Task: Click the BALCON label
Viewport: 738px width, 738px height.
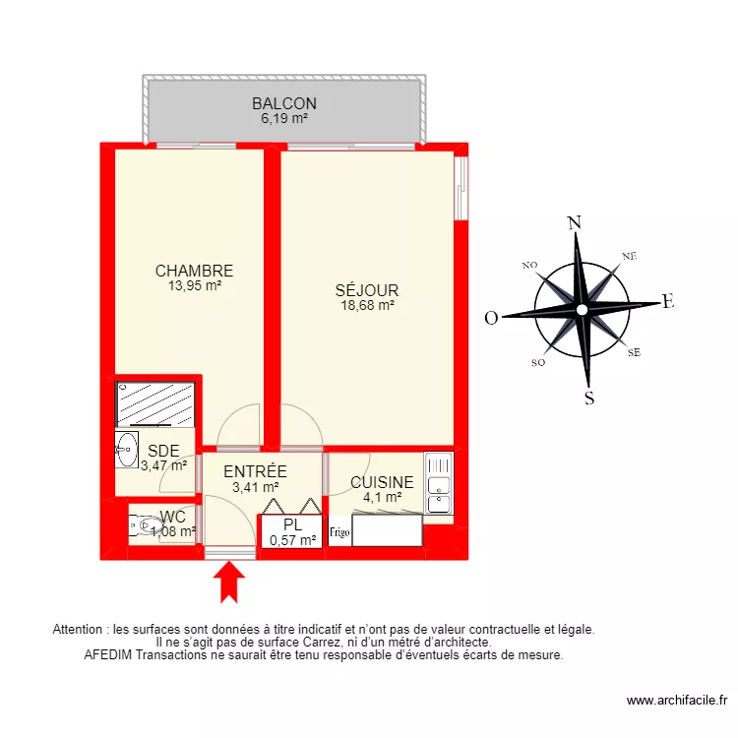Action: click(x=283, y=103)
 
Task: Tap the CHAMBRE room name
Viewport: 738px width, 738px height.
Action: click(x=194, y=271)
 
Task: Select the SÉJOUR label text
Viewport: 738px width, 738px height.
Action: click(x=366, y=290)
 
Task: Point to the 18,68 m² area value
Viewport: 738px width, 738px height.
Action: click(x=366, y=306)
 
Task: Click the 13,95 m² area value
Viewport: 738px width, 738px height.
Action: click(x=194, y=286)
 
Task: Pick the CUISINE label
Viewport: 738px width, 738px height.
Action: click(x=382, y=483)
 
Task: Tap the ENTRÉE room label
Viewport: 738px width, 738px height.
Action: click(x=255, y=471)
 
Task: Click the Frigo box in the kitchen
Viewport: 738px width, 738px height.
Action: click(x=339, y=533)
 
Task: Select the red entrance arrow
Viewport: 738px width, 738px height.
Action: click(x=230, y=580)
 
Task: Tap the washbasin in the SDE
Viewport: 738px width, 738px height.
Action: click(x=126, y=449)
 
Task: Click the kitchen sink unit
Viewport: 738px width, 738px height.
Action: click(x=438, y=482)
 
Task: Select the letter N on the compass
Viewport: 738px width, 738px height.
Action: click(x=576, y=222)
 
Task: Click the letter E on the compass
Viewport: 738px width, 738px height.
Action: click(x=667, y=303)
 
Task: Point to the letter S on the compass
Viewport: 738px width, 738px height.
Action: click(x=589, y=398)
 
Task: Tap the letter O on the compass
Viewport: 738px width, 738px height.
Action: click(x=491, y=317)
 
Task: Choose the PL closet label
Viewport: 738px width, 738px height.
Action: click(x=292, y=524)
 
